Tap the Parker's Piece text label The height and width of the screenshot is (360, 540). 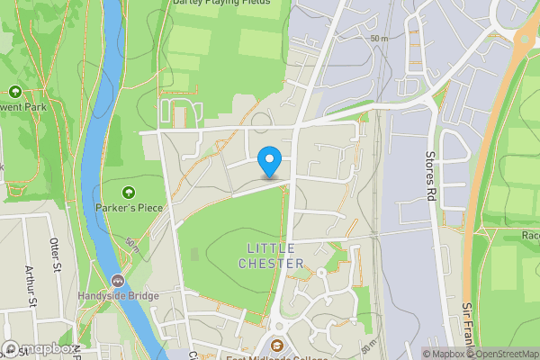(x=128, y=206)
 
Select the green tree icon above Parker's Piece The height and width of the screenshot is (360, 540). (x=128, y=191)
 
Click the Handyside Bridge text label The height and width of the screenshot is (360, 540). (x=119, y=295)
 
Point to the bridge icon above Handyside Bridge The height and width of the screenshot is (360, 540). (x=119, y=280)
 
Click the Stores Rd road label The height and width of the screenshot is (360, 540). (x=430, y=173)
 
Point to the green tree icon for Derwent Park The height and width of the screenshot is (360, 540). (x=14, y=91)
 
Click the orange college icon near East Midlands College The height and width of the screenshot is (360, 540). (x=277, y=346)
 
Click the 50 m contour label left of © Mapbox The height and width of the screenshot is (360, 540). (x=369, y=346)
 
